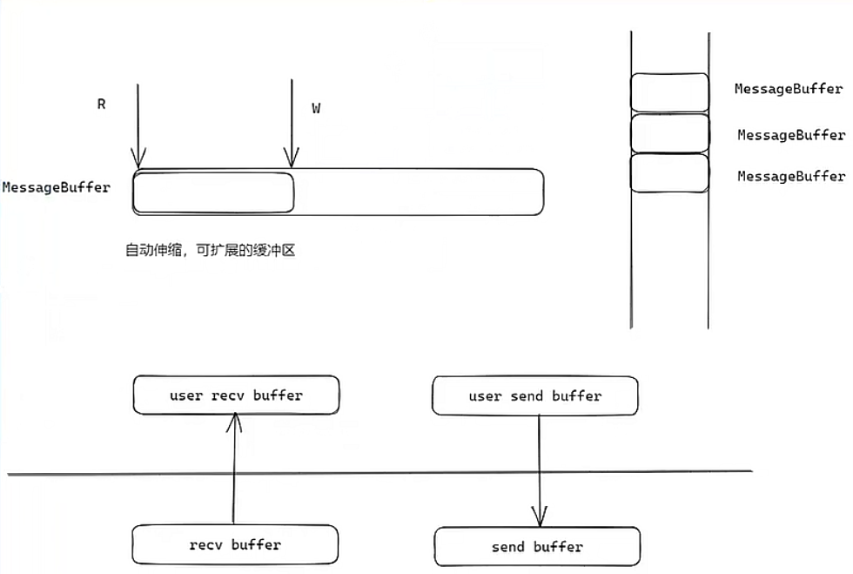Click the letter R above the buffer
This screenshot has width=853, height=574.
(101, 105)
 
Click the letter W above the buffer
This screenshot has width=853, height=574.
(317, 109)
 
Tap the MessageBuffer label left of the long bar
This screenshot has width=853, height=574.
(57, 187)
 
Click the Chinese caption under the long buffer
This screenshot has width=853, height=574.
(212, 251)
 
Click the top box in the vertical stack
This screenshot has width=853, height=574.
(669, 92)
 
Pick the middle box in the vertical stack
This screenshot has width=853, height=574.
(669, 133)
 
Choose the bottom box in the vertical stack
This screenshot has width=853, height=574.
(669, 173)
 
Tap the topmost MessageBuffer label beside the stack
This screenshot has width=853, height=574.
(789, 89)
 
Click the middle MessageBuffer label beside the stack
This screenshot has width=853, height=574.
(790, 135)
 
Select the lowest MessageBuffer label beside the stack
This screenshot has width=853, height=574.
(790, 176)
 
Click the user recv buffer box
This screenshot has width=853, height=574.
(236, 395)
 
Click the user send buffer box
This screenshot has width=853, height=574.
(534, 396)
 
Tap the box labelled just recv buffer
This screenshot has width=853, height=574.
(235, 545)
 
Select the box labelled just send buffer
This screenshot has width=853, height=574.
(537, 547)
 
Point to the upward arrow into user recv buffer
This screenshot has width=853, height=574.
(233, 470)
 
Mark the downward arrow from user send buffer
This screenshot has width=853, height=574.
(540, 470)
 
